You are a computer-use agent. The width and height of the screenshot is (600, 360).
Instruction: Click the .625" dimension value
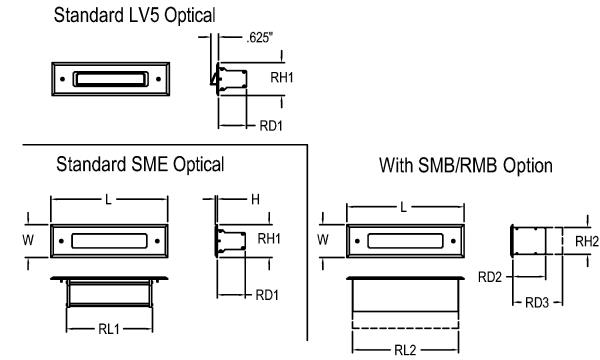259,37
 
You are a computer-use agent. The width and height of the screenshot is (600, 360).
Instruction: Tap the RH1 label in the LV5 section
282,78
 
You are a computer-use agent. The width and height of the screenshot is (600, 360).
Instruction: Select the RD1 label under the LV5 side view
271,126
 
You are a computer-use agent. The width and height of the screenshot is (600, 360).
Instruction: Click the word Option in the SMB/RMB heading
528,166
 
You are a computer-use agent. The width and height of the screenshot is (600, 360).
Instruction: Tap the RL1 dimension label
109,329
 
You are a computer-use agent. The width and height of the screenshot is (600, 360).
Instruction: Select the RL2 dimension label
405,350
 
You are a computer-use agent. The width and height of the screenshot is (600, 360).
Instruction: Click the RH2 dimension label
587,241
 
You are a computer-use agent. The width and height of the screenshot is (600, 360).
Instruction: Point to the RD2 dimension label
490,277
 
